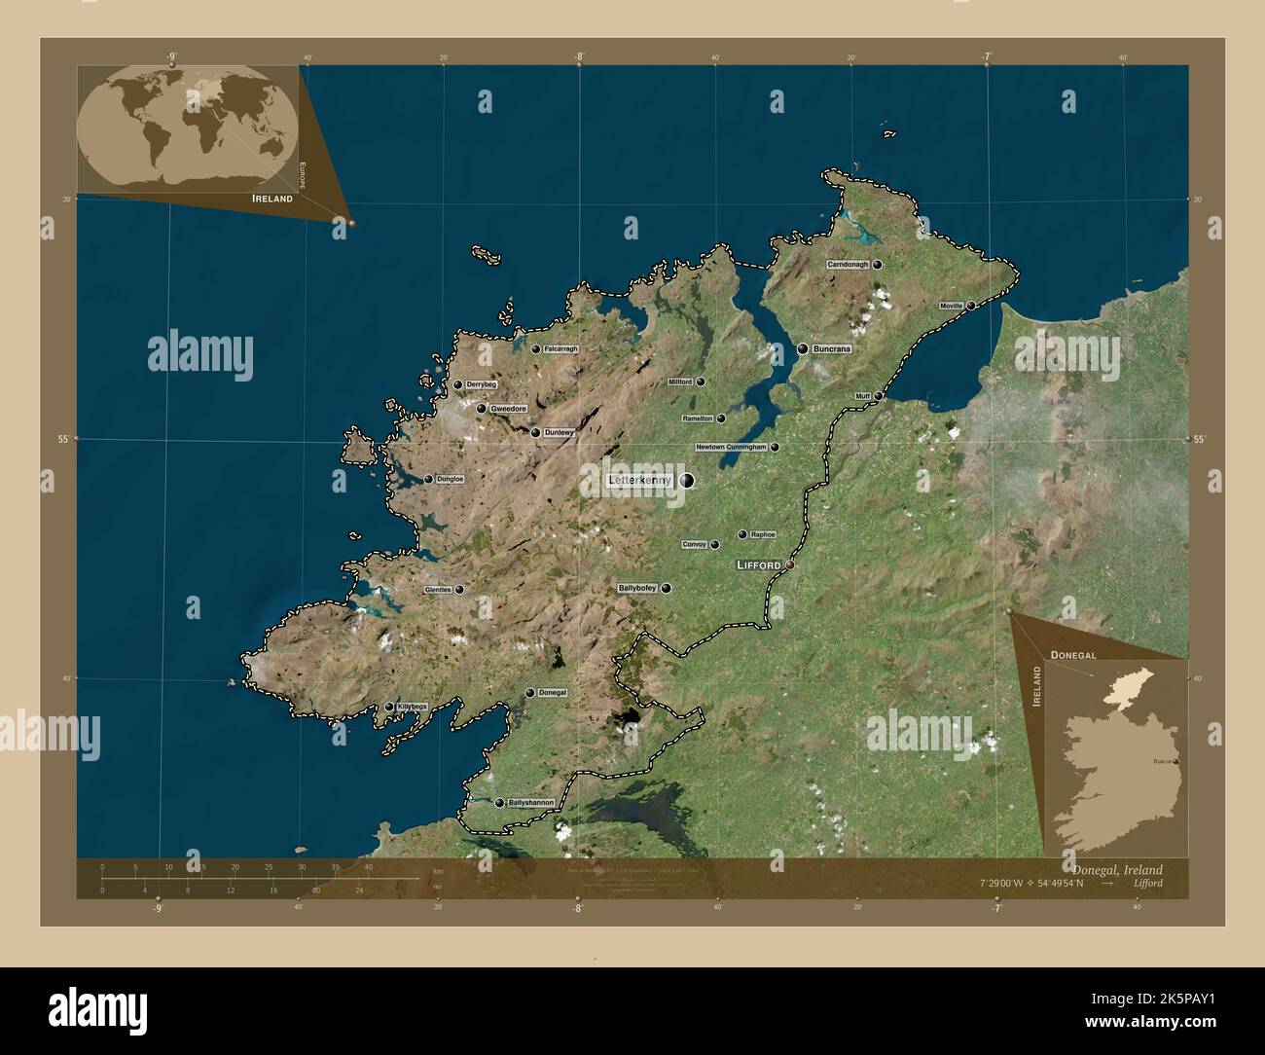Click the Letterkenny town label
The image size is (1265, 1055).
tap(639, 480)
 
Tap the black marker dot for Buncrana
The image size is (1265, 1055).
tap(803, 348)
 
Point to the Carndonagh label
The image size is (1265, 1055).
tap(848, 265)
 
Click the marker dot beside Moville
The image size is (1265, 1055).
tap(970, 306)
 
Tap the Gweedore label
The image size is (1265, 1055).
tap(508, 409)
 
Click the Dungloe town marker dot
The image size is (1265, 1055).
tap(428, 479)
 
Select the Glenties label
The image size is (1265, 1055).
tap(438, 590)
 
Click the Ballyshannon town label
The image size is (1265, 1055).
tap(530, 803)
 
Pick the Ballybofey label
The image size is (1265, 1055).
tap(637, 589)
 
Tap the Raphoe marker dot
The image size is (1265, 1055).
tap(742, 534)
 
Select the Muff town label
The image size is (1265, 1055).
tap(862, 397)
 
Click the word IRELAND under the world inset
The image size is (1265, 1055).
tap(272, 198)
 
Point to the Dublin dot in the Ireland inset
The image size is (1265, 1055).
tap(1176, 761)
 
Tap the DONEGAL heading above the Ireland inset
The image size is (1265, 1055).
tap(1073, 656)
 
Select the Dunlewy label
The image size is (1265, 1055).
tap(560, 432)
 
